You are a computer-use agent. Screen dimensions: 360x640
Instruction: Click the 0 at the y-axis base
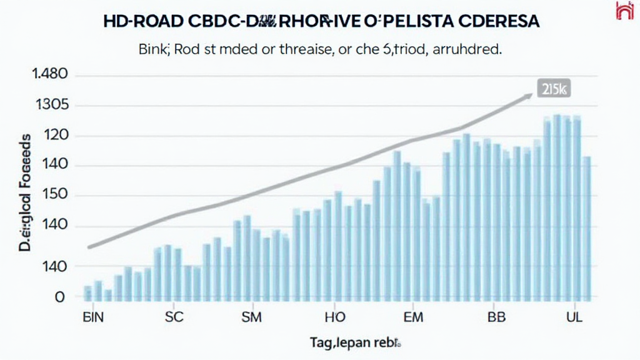click(60, 297)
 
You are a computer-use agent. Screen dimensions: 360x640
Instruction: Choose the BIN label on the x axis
click(94, 317)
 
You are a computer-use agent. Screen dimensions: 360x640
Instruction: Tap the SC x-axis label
click(175, 317)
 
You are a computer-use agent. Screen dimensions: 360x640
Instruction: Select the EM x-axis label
click(414, 317)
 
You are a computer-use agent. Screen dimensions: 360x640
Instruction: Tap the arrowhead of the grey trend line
click(529, 94)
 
